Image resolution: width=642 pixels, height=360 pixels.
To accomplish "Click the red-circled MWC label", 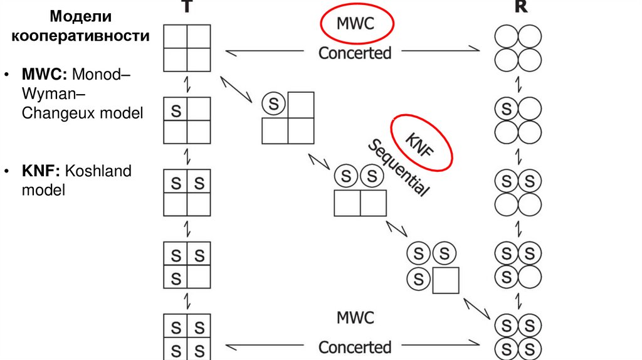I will (x=355, y=24).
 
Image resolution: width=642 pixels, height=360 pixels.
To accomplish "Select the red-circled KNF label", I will (x=422, y=142).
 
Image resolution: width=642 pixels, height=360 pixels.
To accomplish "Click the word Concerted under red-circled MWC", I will (x=355, y=53).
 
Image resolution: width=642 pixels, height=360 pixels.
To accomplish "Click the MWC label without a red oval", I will (x=355, y=317).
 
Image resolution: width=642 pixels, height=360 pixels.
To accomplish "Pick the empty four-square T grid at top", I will (x=187, y=48).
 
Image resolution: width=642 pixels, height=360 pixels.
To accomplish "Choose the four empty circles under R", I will (x=518, y=48).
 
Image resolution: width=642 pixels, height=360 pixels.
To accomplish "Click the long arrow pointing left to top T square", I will (x=263, y=53).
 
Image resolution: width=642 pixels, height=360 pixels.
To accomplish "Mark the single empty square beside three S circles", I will (x=446, y=280).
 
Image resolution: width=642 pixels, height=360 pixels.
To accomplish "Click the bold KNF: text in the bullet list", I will (x=41, y=171).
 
